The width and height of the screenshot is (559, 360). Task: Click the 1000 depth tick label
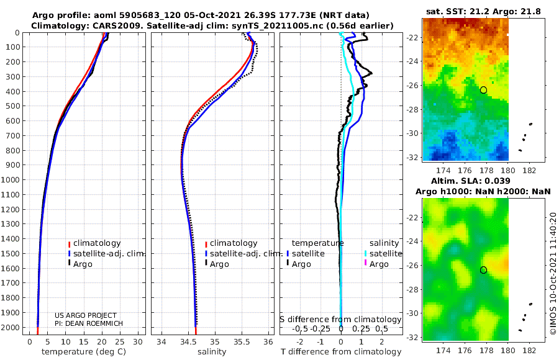pos(12,180)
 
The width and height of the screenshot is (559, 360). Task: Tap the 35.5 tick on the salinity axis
pos(241,341)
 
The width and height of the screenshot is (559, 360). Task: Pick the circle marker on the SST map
pos(483,90)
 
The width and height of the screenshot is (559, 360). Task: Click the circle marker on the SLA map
pos(483,270)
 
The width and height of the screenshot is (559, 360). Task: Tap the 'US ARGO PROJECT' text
pos(86,315)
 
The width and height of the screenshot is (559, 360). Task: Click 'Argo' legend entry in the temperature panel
pos(84,264)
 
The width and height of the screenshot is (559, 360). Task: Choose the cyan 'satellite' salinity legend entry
pos(386,254)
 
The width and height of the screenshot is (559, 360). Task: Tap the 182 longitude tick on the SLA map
pos(529,349)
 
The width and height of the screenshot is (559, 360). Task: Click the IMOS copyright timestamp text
pos(552,273)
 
